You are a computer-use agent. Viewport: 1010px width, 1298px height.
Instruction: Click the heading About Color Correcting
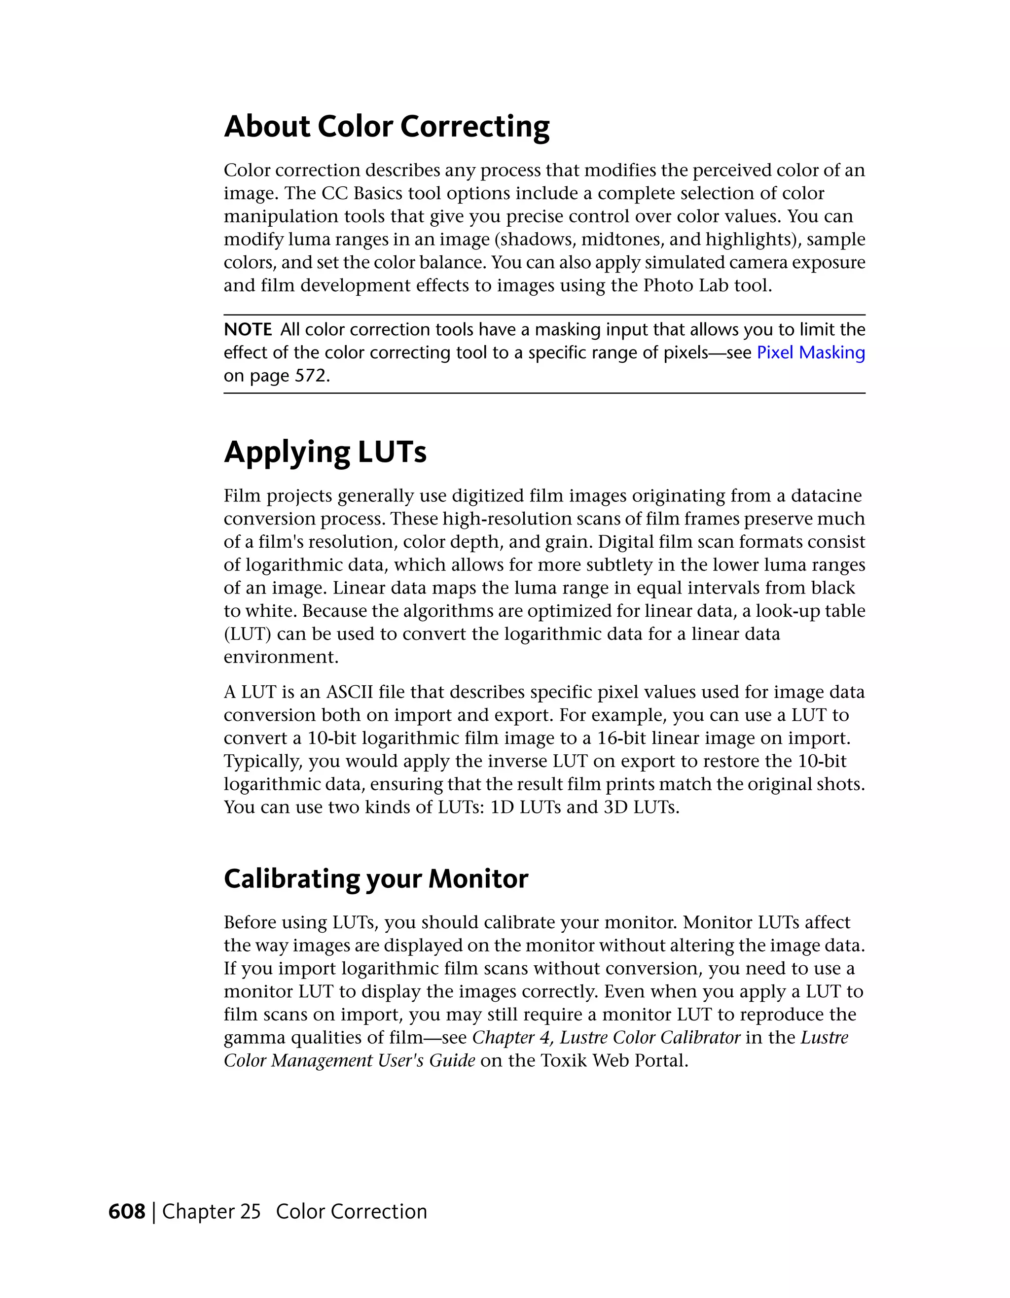pyautogui.click(x=387, y=127)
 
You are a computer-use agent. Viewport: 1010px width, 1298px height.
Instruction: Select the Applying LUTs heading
pyautogui.click(x=325, y=452)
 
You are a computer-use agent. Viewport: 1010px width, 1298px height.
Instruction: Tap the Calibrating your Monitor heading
pyautogui.click(x=376, y=878)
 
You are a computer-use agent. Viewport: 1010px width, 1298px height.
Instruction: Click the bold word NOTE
pyautogui.click(x=247, y=329)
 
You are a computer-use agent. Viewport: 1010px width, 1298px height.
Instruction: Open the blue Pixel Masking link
pyautogui.click(x=810, y=352)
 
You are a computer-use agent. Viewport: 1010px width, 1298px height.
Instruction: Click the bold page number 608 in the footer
pyautogui.click(x=127, y=1211)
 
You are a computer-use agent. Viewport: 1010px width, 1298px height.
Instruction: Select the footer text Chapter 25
pyautogui.click(x=211, y=1211)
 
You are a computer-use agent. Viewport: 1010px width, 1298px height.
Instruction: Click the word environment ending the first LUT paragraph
pyautogui.click(x=280, y=657)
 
